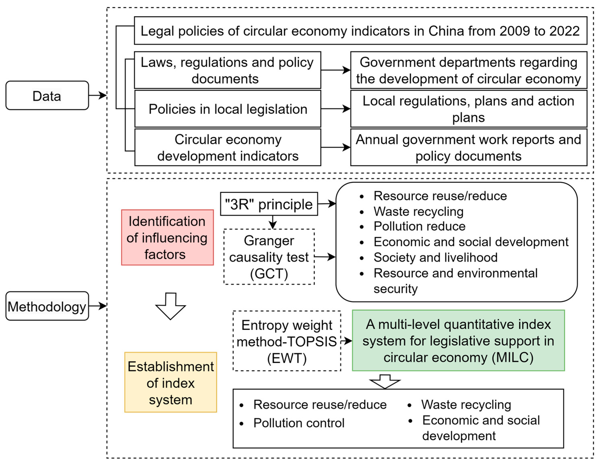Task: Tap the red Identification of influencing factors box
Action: (167, 237)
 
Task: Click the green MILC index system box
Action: (458, 340)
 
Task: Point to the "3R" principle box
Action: (269, 204)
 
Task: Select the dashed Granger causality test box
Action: (269, 257)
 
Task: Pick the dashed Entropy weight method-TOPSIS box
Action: (287, 341)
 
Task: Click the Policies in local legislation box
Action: (228, 109)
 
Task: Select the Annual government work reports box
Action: (469, 147)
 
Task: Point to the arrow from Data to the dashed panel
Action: (98, 95)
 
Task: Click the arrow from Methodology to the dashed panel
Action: (98, 306)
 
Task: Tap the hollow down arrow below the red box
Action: (171, 306)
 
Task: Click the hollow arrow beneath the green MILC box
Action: (385, 381)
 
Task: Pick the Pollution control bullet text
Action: (299, 423)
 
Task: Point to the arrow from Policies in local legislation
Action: (335, 109)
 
